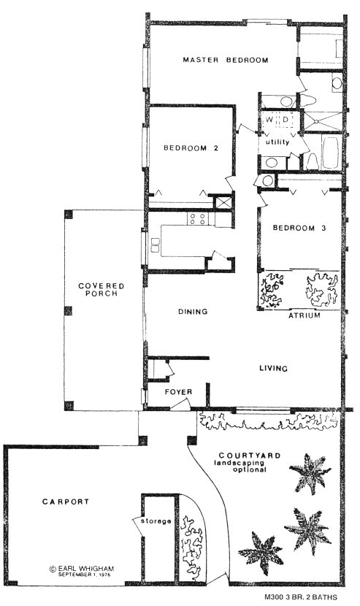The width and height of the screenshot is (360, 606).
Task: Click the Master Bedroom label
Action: tap(226, 60)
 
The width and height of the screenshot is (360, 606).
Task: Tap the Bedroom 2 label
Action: tap(191, 147)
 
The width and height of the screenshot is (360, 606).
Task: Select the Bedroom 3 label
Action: tap(299, 228)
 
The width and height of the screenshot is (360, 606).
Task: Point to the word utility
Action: tap(277, 142)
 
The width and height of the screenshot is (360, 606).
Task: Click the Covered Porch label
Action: tap(102, 289)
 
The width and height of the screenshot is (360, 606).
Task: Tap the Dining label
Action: tap(193, 312)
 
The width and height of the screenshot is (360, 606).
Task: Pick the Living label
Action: tap(273, 368)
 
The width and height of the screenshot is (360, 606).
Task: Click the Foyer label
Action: tap(178, 392)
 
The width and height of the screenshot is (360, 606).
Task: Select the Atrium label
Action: tap(305, 315)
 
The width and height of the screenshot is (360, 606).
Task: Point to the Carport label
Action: tap(66, 502)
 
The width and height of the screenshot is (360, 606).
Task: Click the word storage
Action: tap(156, 521)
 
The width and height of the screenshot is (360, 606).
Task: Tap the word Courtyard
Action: tap(250, 456)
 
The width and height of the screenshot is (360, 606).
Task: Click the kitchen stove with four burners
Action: tap(197, 219)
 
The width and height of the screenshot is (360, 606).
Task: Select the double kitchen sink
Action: tap(155, 245)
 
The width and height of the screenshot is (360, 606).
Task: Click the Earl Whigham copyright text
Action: tap(82, 569)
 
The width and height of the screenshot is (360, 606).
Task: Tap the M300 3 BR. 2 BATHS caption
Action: tap(301, 597)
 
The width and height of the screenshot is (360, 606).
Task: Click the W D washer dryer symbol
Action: tap(277, 120)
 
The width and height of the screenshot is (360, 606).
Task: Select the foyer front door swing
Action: tap(180, 403)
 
